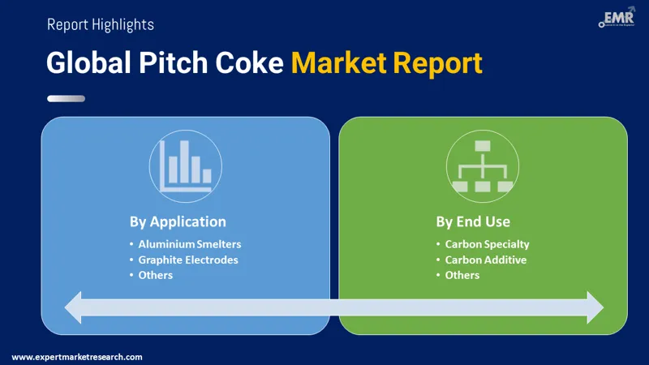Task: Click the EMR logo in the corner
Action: [617, 17]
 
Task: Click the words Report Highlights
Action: [101, 24]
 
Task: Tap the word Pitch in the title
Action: [173, 63]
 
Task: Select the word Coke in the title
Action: [249, 63]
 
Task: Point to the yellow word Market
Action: [338, 63]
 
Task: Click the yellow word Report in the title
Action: [437, 64]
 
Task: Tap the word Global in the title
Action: [88, 63]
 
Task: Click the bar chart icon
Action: [186, 166]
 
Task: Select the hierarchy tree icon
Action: [483, 166]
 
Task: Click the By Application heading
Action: [178, 221]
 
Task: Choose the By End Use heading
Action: [473, 221]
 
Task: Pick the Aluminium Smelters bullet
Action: [190, 244]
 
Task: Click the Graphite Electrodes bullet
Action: [188, 260]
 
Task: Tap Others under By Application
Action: [155, 275]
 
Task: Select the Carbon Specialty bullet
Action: [488, 244]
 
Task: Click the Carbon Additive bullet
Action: [486, 260]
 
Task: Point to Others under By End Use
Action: [462, 275]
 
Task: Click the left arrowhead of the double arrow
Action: [73, 307]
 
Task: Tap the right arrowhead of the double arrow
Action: [595, 307]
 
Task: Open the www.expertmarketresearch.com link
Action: [77, 357]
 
